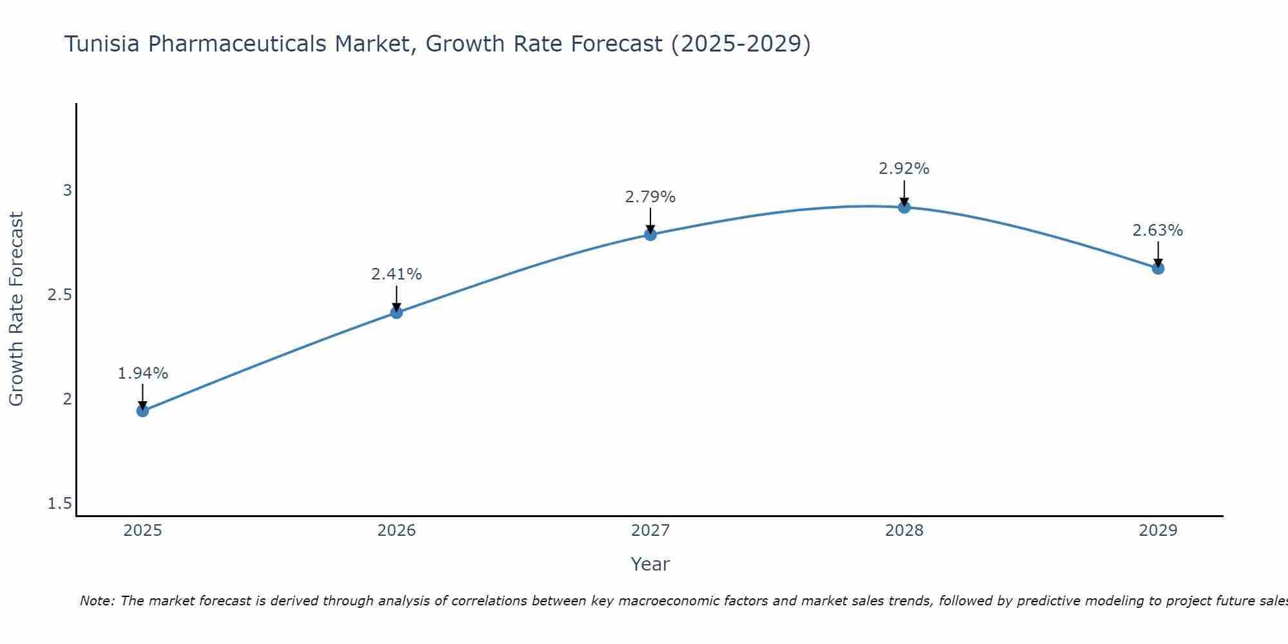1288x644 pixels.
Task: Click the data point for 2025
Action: tap(142, 411)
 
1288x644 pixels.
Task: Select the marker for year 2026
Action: tap(397, 312)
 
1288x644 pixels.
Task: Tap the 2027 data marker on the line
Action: tap(650, 234)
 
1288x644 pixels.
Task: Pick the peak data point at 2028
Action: tap(904, 207)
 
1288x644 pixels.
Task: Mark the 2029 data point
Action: tap(1158, 268)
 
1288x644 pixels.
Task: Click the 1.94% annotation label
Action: tap(143, 374)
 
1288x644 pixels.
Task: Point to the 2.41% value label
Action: tap(397, 274)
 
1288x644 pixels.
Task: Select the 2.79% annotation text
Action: tap(650, 197)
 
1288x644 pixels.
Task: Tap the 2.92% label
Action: tap(904, 169)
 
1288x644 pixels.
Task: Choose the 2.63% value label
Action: tap(1158, 231)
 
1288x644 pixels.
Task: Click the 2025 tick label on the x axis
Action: tap(142, 531)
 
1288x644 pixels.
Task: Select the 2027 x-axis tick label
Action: tap(650, 531)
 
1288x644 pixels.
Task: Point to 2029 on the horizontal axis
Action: tap(1158, 531)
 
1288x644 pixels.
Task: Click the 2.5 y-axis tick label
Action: tap(60, 295)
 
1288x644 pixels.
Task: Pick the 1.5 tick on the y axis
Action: tap(60, 504)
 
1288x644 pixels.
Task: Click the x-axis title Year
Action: tap(650, 564)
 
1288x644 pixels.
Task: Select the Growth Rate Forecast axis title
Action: tap(17, 309)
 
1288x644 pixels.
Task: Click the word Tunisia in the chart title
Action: tap(103, 44)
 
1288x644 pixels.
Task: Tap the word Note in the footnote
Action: tap(97, 601)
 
